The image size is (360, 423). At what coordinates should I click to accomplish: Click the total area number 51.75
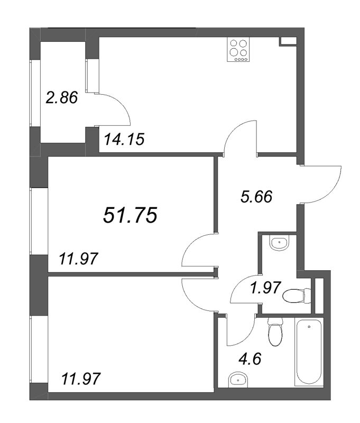tap(130, 215)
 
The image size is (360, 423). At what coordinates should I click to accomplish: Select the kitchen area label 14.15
tap(124, 140)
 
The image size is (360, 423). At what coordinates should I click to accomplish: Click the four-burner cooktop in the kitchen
tap(238, 48)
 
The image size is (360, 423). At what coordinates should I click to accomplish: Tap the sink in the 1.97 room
tap(279, 244)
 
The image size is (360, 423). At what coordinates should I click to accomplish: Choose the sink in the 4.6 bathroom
tap(239, 379)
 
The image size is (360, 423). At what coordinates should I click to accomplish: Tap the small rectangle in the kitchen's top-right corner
tap(288, 41)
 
